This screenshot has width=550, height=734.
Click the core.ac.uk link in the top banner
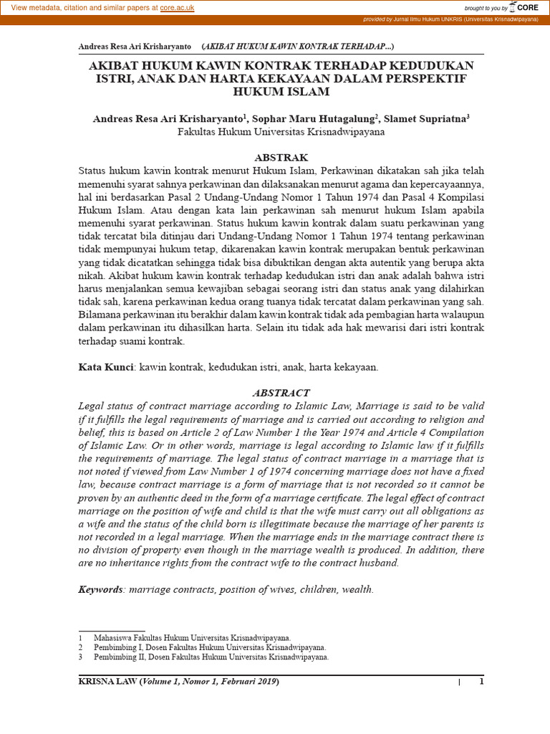point(177,7)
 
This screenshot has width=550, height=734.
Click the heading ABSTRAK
point(281,157)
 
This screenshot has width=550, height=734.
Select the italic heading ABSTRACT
point(281,393)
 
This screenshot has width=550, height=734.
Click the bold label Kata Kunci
point(106,367)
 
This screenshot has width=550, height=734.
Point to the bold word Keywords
point(100,589)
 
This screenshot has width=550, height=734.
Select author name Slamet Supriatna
point(424,118)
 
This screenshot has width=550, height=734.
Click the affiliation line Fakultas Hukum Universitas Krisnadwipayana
point(281,132)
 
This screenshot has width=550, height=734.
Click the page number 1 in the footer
point(482,682)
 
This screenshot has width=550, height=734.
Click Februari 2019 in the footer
point(247,682)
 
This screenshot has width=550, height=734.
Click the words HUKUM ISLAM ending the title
point(281,92)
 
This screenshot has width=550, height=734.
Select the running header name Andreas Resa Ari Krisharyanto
point(135,47)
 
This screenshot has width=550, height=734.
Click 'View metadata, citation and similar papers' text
point(80,7)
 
